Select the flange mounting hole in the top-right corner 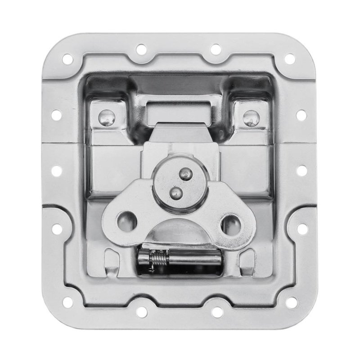tap(290, 58)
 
